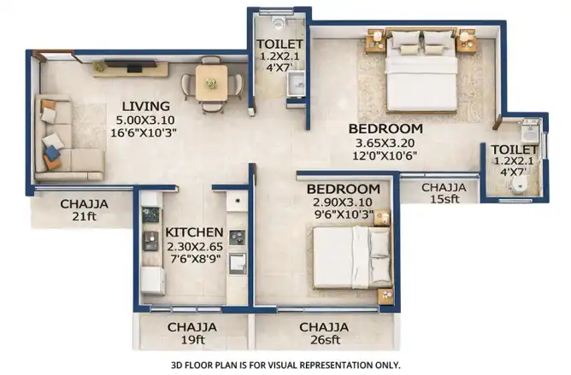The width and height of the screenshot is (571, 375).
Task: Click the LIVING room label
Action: [145, 106]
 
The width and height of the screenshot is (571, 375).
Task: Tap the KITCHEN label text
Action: [194, 232]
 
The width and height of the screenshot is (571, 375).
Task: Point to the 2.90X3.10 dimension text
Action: [342, 202]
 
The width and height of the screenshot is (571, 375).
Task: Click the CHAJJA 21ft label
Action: [84, 209]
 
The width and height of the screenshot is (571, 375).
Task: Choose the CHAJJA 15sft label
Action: [444, 193]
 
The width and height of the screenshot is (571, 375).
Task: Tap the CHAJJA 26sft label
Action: [325, 333]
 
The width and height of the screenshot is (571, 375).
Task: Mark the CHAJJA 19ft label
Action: [192, 333]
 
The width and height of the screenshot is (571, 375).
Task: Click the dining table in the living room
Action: [212, 82]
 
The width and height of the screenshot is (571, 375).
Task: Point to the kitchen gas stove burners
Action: [238, 237]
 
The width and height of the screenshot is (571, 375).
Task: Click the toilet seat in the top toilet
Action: [279, 22]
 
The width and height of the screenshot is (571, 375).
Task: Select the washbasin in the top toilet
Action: [297, 84]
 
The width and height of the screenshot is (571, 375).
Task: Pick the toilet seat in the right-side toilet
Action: [519, 185]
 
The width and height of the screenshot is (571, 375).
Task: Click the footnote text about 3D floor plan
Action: [285, 365]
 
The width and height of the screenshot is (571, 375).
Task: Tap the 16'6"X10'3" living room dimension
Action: [144, 133]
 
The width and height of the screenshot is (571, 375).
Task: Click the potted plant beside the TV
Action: [98, 67]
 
